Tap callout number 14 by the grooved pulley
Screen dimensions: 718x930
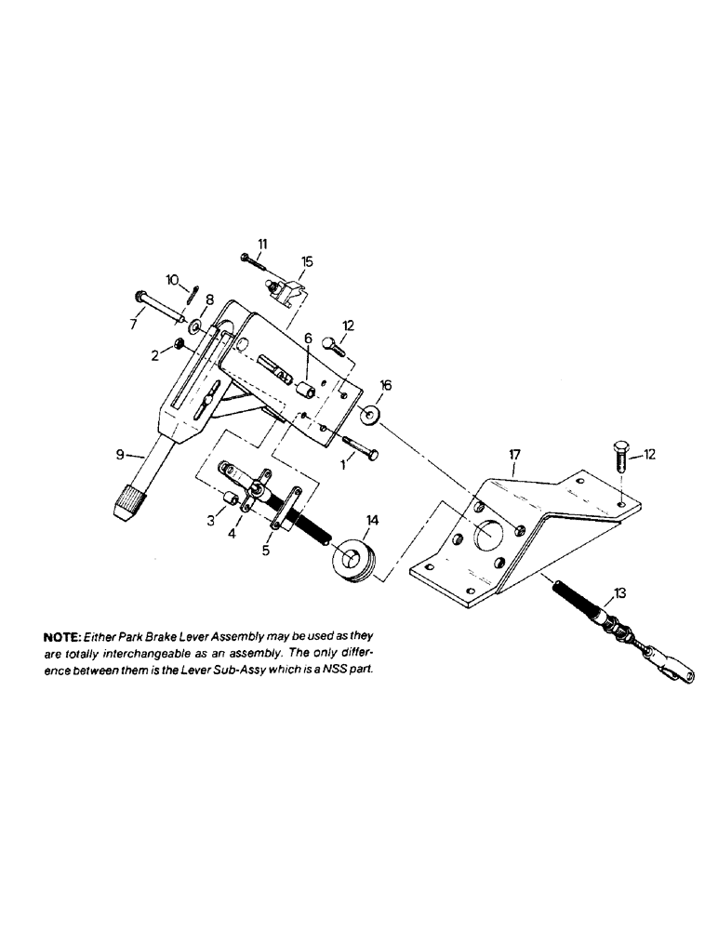[x=372, y=523]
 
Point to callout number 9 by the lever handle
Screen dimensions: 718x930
[x=119, y=454]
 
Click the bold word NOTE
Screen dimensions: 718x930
[x=60, y=638]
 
